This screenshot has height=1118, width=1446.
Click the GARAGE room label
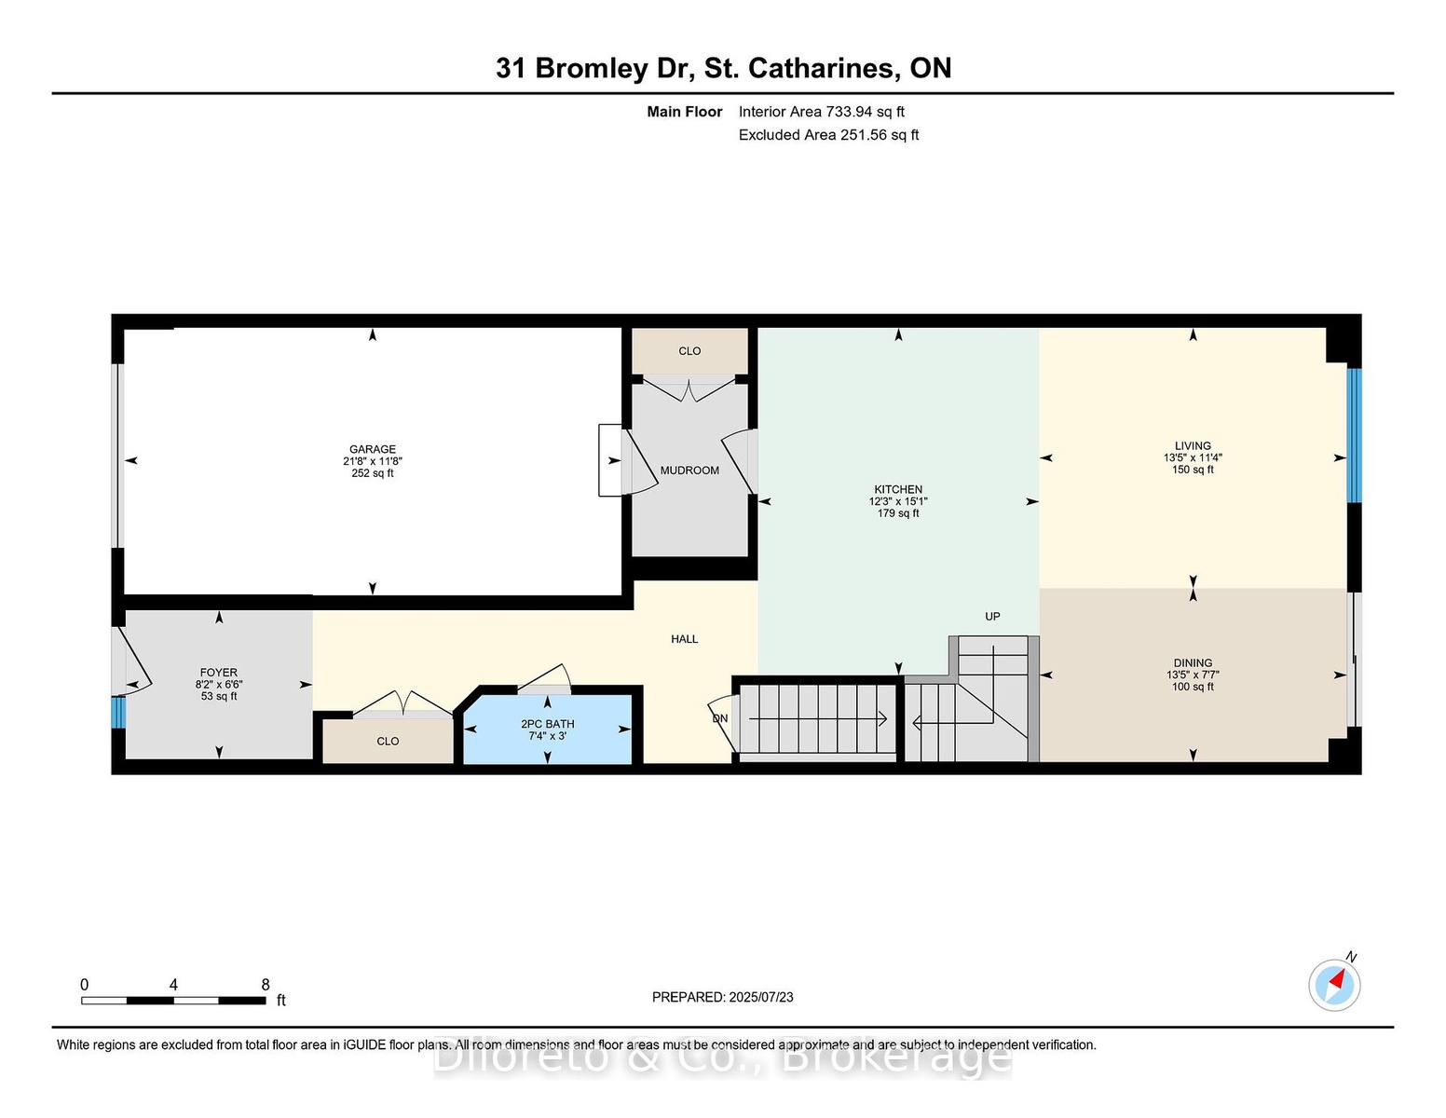click(373, 449)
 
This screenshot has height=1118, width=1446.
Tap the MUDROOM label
click(689, 470)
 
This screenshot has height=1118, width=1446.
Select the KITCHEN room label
click(898, 489)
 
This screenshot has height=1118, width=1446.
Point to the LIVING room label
click(1193, 445)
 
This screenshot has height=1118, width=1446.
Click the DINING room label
click(1193, 662)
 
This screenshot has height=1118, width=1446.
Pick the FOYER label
click(218, 673)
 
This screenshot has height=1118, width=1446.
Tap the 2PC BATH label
click(547, 724)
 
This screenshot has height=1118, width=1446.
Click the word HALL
click(684, 639)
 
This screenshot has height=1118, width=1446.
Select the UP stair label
click(992, 617)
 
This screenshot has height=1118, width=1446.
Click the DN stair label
click(720, 718)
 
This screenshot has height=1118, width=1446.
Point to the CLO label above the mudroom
click(689, 351)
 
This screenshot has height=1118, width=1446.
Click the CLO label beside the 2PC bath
click(388, 741)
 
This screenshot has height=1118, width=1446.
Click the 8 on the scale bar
click(265, 985)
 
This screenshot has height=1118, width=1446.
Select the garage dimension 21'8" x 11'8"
click(373, 461)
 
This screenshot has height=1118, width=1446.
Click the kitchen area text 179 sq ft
click(898, 513)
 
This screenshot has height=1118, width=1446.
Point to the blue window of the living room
click(1354, 436)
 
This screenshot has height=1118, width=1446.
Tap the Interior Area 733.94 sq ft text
click(821, 112)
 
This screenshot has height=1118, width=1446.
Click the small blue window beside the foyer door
click(117, 713)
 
